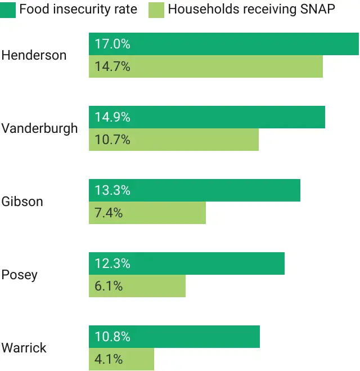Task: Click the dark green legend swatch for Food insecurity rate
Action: coord(8,10)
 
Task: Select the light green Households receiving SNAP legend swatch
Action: coord(157,10)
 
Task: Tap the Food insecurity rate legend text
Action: coord(78,10)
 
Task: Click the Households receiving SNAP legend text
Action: coord(251,10)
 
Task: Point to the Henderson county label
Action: coord(34,55)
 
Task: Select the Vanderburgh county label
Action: coord(39,128)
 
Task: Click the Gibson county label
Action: coord(22,202)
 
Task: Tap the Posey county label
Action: coord(20,275)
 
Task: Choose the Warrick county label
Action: coord(24,348)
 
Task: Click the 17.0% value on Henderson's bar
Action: coord(112,44)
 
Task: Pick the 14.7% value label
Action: coord(112,66)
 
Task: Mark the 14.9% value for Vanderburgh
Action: coord(112,117)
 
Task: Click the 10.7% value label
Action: coord(112,140)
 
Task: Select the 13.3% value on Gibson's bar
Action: coord(112,190)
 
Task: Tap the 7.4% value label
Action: coord(109,213)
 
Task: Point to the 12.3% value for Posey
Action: coord(112,263)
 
